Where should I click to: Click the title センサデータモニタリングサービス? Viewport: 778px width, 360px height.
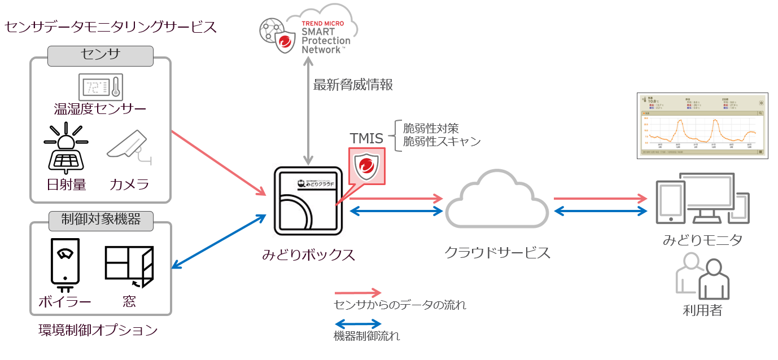(111, 27)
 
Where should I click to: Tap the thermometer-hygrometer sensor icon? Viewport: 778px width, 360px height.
(100, 87)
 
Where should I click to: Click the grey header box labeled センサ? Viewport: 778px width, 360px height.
(100, 56)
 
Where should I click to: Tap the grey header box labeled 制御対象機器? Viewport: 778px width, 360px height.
(100, 219)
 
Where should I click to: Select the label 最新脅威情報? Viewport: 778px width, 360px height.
(353, 85)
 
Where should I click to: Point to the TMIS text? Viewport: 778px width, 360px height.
(366, 138)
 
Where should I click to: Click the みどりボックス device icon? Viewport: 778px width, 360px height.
(308, 201)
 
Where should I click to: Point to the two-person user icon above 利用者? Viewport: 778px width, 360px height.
(702, 276)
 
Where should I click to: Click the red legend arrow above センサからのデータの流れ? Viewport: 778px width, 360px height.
(358, 293)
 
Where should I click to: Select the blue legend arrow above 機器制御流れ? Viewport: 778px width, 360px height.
(358, 324)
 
